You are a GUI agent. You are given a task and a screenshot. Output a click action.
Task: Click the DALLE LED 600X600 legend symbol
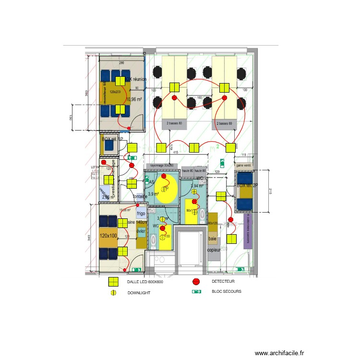pyautogui.click(x=113, y=282)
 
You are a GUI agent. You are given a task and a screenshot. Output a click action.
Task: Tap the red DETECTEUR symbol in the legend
pyautogui.click(x=196, y=282)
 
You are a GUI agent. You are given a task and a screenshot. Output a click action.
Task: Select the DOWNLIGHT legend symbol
pyautogui.click(x=113, y=292)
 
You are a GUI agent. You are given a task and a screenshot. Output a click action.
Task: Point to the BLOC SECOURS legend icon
pyautogui.click(x=196, y=291)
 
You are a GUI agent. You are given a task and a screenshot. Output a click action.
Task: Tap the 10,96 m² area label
pyautogui.click(x=134, y=99)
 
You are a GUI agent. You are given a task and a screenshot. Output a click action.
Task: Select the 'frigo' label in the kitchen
pyautogui.click(x=141, y=214)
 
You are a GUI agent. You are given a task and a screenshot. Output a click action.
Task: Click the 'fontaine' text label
pyautogui.click(x=140, y=196)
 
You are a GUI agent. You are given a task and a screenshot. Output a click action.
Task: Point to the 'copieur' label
pyautogui.click(x=214, y=250)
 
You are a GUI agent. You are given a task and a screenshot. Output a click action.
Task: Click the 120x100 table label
pyautogui.click(x=108, y=236)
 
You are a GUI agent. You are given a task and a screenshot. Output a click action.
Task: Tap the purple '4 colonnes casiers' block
pyautogui.click(x=248, y=230)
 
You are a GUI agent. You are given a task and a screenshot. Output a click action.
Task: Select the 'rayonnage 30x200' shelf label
pyautogui.click(x=162, y=165)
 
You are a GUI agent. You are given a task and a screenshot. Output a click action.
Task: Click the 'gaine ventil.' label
pyautogui.click(x=244, y=165)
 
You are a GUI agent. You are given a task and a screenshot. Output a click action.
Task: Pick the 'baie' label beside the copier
pyautogui.click(x=212, y=239)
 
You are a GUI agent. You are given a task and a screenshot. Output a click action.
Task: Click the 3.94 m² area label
pyautogui.click(x=198, y=186)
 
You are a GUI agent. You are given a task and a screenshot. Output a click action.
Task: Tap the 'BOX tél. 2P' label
pyautogui.click(x=248, y=185)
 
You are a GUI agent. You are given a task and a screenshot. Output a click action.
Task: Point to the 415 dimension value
pyautogui.click(x=176, y=153)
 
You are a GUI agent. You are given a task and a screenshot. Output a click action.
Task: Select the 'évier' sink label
pyautogui.click(x=141, y=231)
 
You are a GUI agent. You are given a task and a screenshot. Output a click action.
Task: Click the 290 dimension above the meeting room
pyautogui.click(x=121, y=63)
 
